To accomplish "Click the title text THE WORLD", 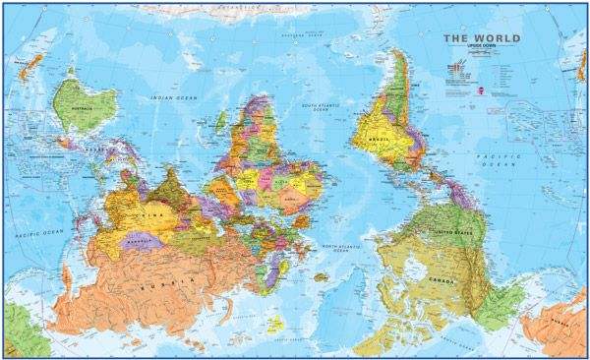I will [481, 39].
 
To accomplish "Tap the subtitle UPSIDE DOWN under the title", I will [481, 49].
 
